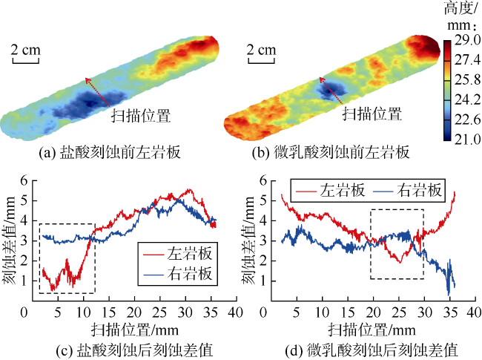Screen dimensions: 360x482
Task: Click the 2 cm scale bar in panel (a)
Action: point(24,53)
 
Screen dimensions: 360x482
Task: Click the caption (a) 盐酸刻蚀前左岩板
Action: point(110,154)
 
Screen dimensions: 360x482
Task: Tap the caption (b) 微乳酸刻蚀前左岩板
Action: point(343,154)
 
